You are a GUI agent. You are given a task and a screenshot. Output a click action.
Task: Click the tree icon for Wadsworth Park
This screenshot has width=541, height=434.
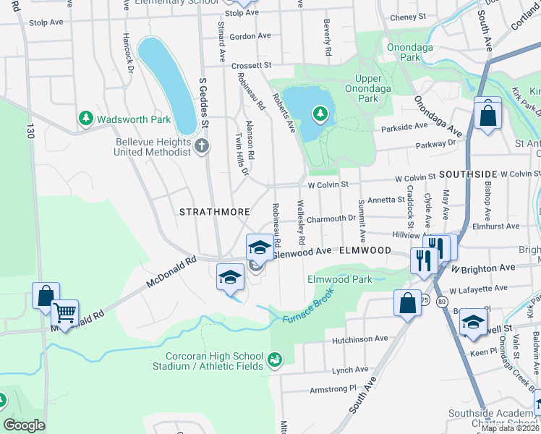[x=86, y=117]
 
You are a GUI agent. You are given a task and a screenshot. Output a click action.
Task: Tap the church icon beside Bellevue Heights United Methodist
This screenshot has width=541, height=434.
[x=201, y=147]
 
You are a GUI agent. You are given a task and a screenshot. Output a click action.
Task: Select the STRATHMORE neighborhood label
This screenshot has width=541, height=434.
[x=215, y=212]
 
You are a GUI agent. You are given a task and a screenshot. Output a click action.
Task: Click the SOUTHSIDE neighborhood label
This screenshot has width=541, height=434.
[x=467, y=175]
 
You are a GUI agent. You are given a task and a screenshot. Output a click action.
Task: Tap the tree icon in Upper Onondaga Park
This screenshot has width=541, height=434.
[x=320, y=114]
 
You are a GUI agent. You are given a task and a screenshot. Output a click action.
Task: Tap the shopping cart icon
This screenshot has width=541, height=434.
[x=65, y=312]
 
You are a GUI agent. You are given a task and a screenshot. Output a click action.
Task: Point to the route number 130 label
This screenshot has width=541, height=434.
[x=30, y=132]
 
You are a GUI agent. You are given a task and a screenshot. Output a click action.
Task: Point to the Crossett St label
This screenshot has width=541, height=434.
[x=251, y=65]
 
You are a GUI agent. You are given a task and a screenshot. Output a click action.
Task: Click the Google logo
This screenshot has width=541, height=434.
[x=24, y=425]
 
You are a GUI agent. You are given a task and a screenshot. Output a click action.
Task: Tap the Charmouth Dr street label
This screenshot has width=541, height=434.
[x=331, y=217]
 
